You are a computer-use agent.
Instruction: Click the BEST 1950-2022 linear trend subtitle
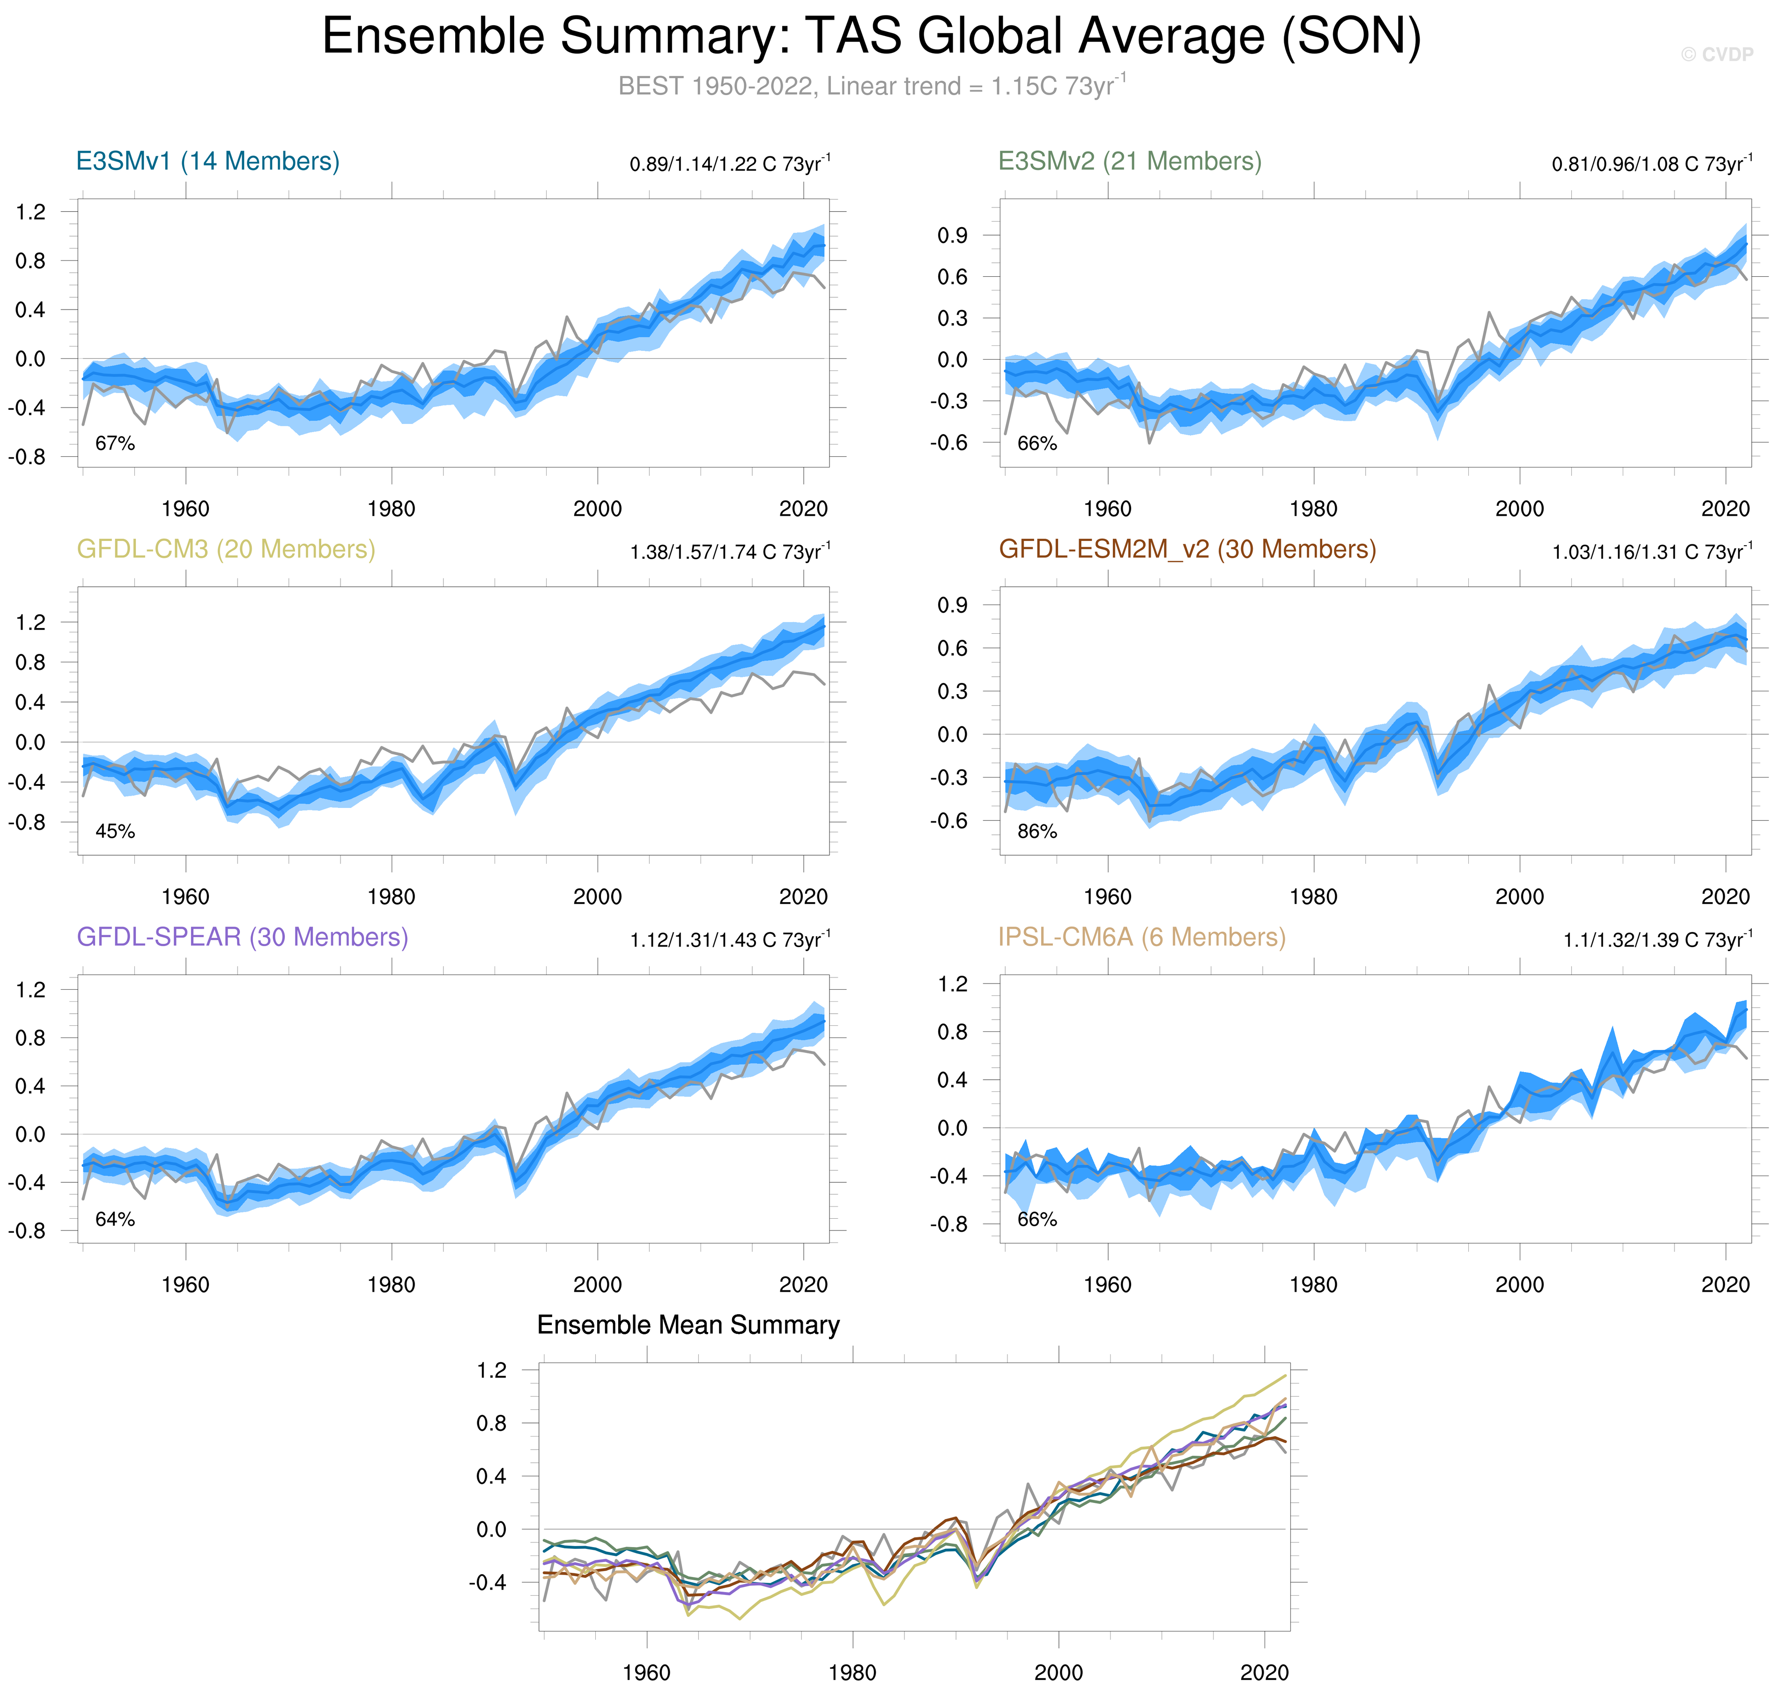pyautogui.click(x=871, y=86)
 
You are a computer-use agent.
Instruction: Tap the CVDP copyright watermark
pyautogui.click(x=1717, y=54)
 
